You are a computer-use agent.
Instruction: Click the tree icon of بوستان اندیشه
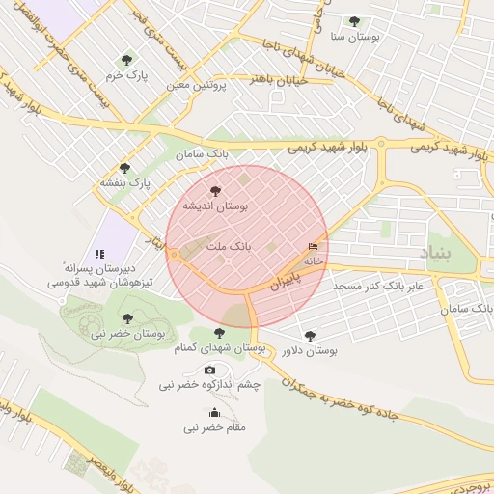coord(214,191)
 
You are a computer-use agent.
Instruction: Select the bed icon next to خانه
coord(312,246)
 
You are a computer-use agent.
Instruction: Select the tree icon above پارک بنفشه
coord(124,167)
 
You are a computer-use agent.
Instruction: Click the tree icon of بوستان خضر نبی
coord(126,317)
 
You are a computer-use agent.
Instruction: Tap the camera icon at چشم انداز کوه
coord(210,370)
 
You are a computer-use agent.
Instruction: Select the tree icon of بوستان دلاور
coord(309,336)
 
